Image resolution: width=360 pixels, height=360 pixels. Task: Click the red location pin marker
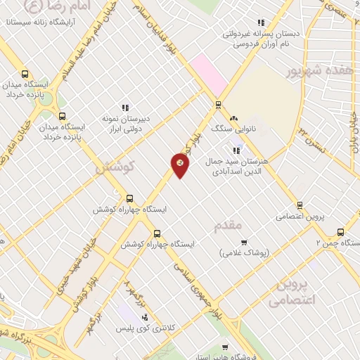[180, 165]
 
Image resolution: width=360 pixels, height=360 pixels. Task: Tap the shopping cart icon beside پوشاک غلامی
[244, 243]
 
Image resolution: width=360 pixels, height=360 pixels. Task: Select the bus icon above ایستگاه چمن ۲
[341, 232]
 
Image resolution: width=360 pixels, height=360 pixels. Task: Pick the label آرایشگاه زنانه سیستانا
[42, 22]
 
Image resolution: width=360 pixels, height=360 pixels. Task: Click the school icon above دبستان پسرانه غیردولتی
[262, 22]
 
